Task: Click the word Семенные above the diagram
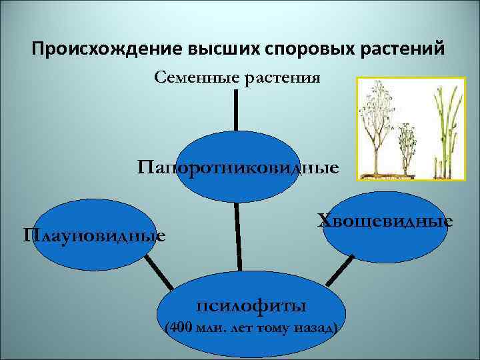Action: (195, 78)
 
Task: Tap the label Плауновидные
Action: (94, 235)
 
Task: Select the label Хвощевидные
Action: (385, 220)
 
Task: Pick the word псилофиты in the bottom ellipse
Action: (251, 306)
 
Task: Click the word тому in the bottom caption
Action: (273, 329)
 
